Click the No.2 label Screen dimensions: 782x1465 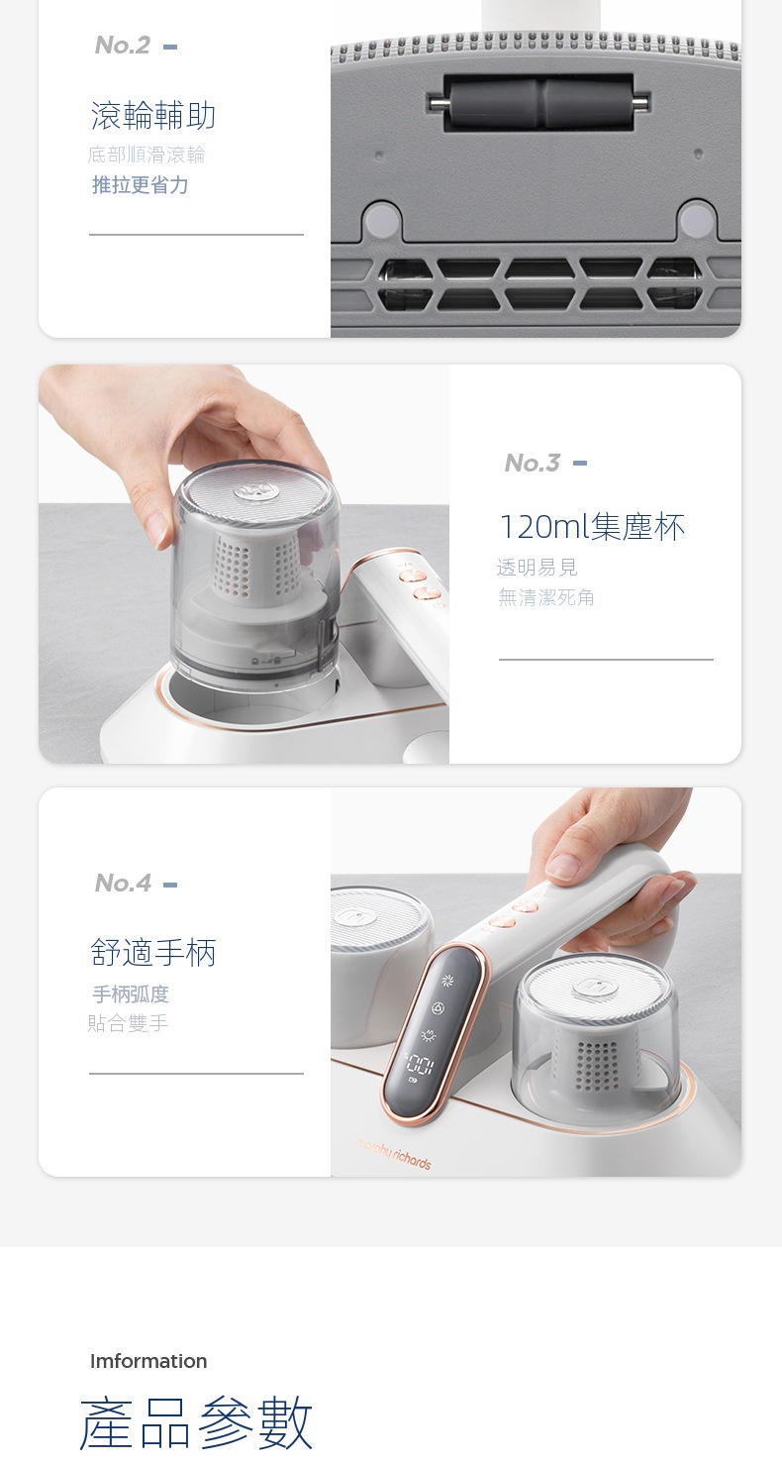point(123,46)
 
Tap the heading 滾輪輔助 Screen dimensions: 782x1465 point(153,115)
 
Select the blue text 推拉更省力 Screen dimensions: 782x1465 point(140,185)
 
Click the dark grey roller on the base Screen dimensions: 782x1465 point(538,101)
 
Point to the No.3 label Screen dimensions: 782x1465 point(533,463)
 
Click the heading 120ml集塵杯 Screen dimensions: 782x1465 point(592,527)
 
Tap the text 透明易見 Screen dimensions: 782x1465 point(537,567)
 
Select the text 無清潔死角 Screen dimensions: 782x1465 point(546,597)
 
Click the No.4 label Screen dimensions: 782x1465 point(123,883)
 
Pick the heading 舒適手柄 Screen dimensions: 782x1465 point(153,952)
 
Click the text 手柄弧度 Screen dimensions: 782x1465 point(131,994)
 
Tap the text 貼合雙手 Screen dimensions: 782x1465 point(128,1023)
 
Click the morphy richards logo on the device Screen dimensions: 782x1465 point(394,1154)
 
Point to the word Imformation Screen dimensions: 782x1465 point(148,1361)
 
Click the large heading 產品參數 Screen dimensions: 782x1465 point(196,1423)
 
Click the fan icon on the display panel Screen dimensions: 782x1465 point(447,980)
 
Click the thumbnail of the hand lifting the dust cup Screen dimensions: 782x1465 point(244,564)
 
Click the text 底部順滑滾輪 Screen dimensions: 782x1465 point(147,155)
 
